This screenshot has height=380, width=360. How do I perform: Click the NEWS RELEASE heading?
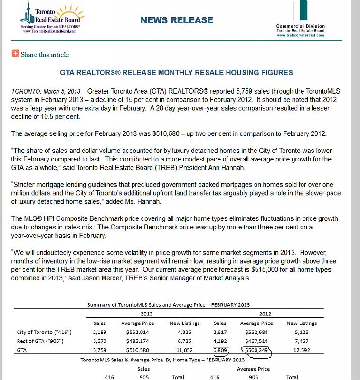tap(177, 20)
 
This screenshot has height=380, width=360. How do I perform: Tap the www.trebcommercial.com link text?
tap(301, 35)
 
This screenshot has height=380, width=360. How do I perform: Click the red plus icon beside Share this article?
tap(15, 54)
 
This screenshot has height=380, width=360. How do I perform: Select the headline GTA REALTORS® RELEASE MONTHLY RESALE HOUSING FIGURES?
tap(176, 73)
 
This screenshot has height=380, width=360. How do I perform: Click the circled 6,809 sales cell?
tap(220, 351)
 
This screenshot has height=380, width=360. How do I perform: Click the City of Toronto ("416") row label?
tap(42, 332)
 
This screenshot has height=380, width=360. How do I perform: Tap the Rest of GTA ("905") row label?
tap(40, 341)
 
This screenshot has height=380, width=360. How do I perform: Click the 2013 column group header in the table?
tap(147, 313)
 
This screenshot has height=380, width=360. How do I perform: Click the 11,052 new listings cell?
tap(184, 351)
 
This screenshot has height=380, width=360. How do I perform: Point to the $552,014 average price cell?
tap(137, 332)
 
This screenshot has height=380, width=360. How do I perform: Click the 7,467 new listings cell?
tap(302, 341)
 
